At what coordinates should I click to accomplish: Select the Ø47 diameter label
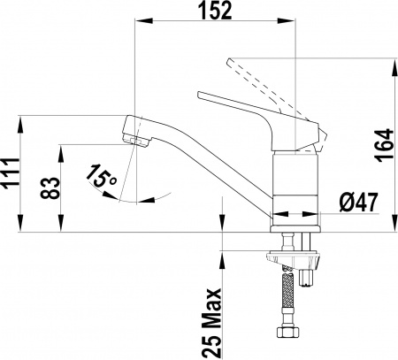pyautogui.click(x=359, y=202)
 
